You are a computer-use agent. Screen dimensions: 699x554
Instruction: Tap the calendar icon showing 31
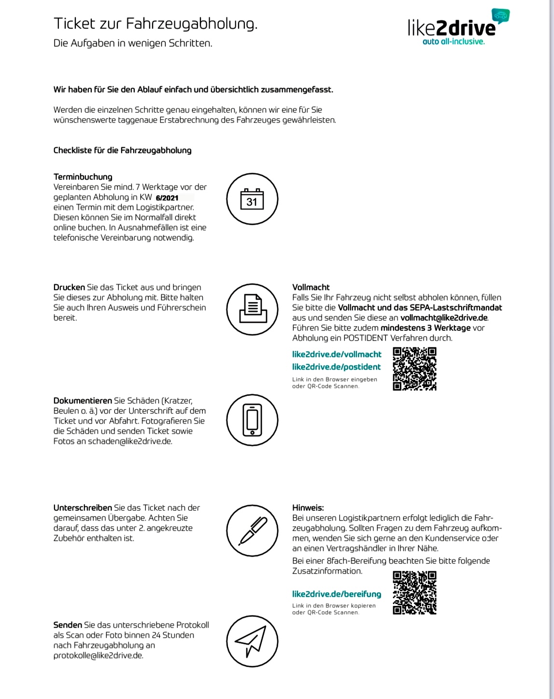click(252, 199)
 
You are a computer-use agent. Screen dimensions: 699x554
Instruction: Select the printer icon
click(252, 309)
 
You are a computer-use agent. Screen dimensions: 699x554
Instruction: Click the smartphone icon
click(252, 420)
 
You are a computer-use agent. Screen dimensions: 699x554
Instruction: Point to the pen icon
click(252, 531)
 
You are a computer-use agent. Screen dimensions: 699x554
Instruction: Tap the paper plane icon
click(252, 641)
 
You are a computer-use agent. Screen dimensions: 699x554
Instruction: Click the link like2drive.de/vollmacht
click(337, 354)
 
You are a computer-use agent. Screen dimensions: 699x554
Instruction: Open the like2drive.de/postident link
click(336, 367)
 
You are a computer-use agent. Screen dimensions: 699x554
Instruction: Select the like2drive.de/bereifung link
click(337, 594)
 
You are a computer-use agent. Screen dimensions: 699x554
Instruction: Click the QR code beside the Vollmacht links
click(414, 369)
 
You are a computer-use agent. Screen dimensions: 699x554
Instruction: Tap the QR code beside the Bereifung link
click(414, 592)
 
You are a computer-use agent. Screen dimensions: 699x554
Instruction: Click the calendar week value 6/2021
click(167, 198)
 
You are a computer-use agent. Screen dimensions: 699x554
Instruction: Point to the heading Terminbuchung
click(83, 177)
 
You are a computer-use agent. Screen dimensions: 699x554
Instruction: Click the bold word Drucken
click(69, 287)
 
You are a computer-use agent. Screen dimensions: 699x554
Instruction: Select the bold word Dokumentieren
click(83, 400)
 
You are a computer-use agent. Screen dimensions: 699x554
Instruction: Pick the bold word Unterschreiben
click(83, 507)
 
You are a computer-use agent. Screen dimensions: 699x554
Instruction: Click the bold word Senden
click(68, 625)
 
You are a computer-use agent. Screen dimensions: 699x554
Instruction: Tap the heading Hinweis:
click(308, 507)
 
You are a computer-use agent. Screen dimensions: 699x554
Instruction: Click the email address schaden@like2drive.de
click(129, 441)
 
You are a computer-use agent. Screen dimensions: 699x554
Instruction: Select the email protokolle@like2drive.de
click(98, 655)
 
